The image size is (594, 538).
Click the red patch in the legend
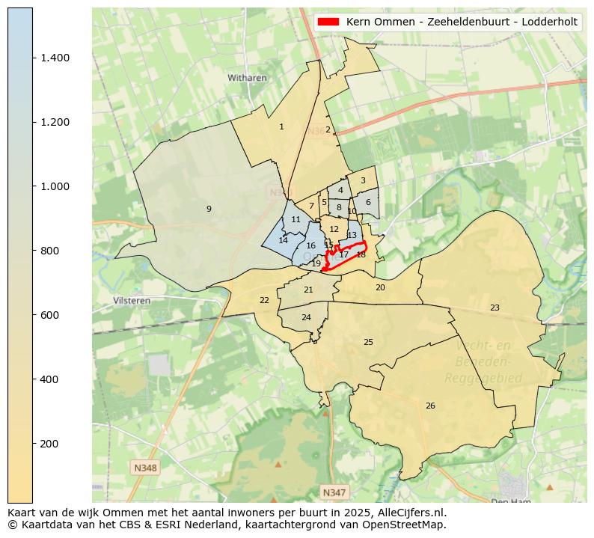[x=328, y=22]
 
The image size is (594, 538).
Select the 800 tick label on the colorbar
[x=49, y=251]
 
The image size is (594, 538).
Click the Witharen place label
[x=247, y=77]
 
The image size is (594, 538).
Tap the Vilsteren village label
[x=132, y=300]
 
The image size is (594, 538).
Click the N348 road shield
[x=145, y=468]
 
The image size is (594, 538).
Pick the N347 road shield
[x=334, y=492]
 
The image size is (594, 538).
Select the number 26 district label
[x=430, y=406]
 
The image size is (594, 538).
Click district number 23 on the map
[x=495, y=308]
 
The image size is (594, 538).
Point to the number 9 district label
[x=209, y=209]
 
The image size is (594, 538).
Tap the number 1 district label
[x=281, y=127]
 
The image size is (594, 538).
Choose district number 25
[x=368, y=342]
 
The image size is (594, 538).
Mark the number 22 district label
[x=264, y=300]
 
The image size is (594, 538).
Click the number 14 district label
[x=284, y=240]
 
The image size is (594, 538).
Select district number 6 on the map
[x=368, y=202]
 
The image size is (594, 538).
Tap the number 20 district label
[x=380, y=287]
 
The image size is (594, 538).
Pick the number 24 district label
[x=306, y=317]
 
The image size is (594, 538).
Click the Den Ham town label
[x=508, y=501]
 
